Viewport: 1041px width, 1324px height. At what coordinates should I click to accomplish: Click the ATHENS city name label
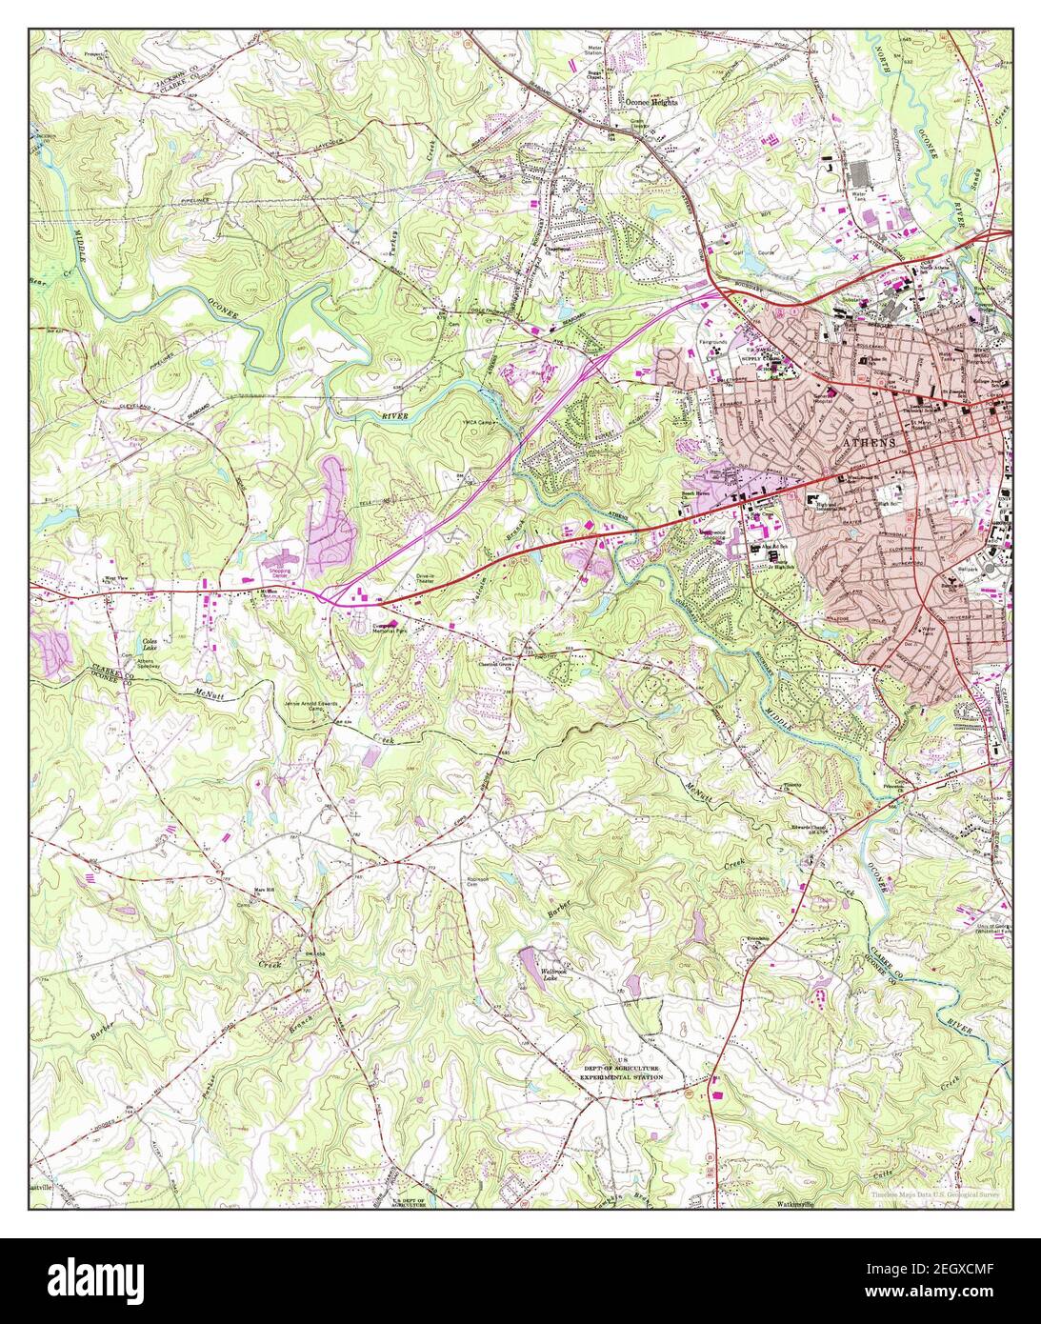[869, 444]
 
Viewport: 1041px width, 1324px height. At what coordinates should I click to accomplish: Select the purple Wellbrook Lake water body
[527, 959]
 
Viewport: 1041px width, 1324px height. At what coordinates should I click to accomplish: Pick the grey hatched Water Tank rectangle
[861, 173]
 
